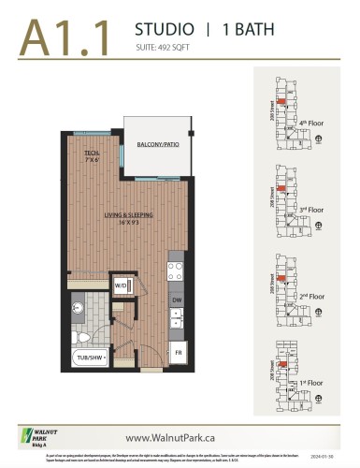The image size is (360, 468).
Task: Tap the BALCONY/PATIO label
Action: (156, 145)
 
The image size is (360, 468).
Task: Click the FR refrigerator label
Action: (177, 352)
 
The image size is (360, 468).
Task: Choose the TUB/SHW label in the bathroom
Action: (91, 357)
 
